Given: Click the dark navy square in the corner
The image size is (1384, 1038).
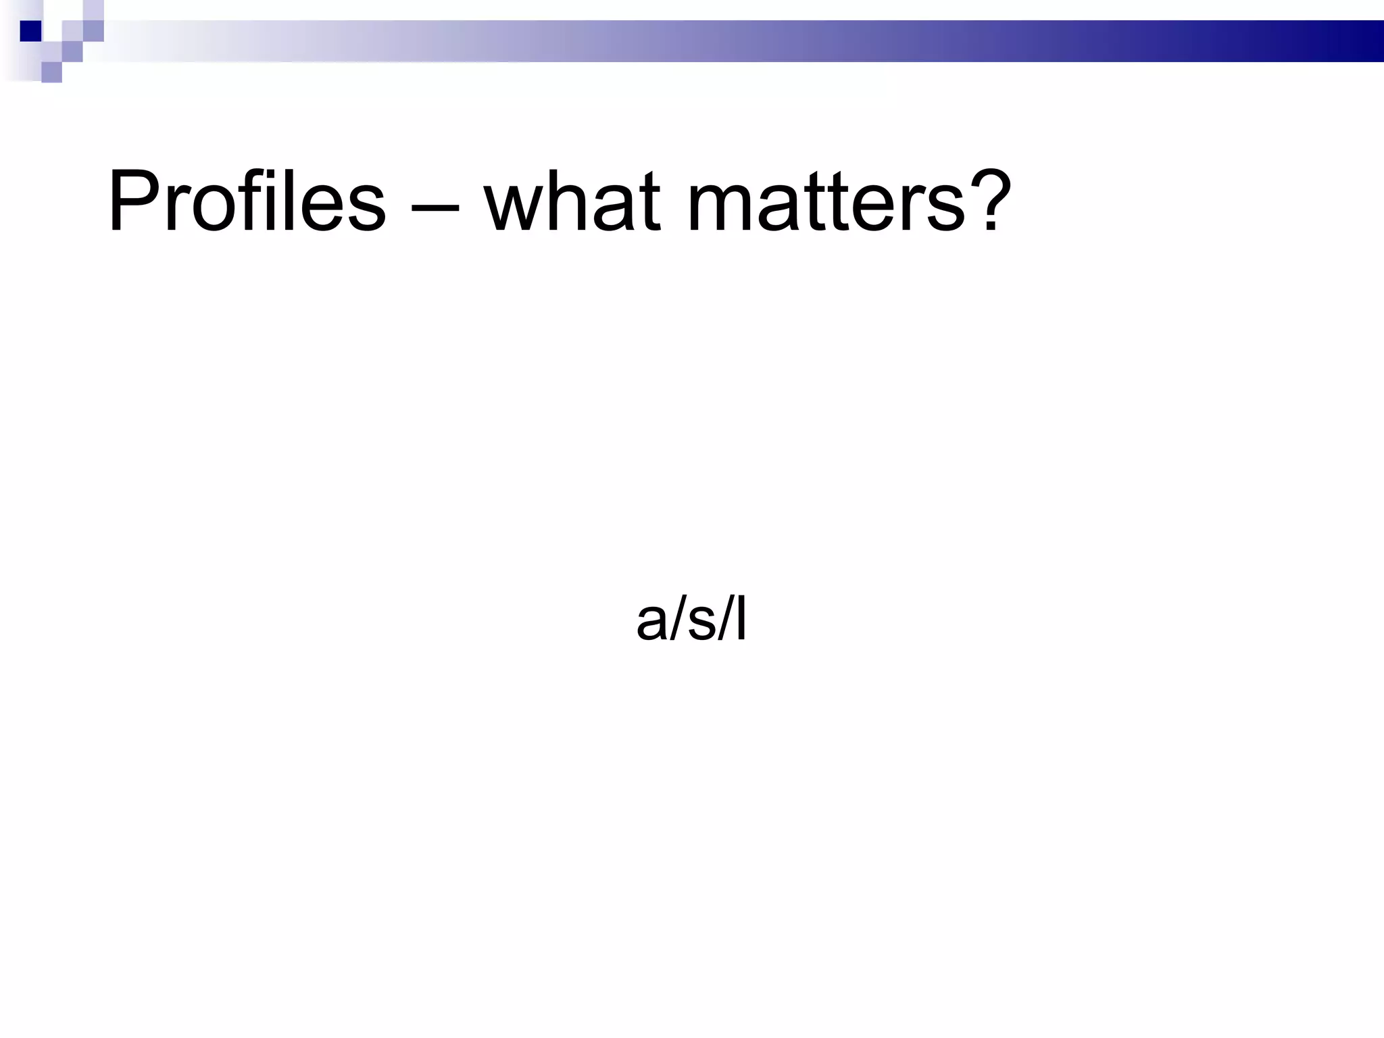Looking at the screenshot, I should click(30, 31).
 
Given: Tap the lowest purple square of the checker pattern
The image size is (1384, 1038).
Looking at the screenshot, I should click(51, 72).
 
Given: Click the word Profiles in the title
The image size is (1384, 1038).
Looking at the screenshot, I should click(247, 201).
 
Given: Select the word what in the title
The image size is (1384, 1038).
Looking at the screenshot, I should click(572, 201).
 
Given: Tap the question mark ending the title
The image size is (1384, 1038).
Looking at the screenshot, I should click(989, 199).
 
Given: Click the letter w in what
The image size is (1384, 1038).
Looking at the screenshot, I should click(514, 209).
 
